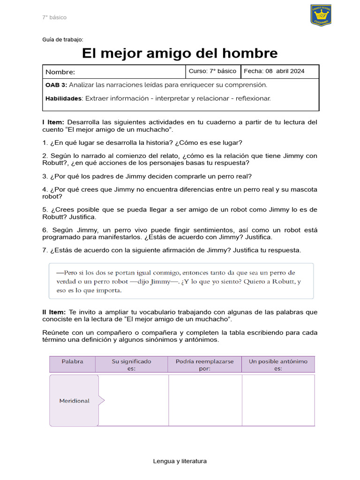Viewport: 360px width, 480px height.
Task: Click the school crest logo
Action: (321, 15)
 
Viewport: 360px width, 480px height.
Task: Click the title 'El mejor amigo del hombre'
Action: (180, 53)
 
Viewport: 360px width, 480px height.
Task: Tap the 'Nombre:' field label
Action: (60, 72)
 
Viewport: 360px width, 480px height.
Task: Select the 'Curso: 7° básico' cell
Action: (212, 71)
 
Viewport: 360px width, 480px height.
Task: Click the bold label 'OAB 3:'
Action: (56, 85)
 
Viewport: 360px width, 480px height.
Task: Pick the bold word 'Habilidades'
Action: (64, 98)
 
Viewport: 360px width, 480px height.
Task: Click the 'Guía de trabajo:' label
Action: (63, 40)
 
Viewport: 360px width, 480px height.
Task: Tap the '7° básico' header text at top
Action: (54, 17)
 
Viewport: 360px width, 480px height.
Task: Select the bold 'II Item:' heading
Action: (54, 312)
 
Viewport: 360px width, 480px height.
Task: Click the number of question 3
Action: (45, 176)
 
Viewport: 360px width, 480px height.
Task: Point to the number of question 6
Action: (45, 230)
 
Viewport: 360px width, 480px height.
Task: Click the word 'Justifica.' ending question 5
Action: (82, 217)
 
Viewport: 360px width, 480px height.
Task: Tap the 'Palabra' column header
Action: (72, 361)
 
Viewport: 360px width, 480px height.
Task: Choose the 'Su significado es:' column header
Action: (131, 365)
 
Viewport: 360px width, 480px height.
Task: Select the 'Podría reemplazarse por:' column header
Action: (204, 365)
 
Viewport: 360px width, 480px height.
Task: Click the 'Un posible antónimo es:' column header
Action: (278, 365)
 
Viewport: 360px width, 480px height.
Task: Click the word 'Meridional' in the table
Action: (74, 401)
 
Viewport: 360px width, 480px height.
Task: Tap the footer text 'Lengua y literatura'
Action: (180, 461)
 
